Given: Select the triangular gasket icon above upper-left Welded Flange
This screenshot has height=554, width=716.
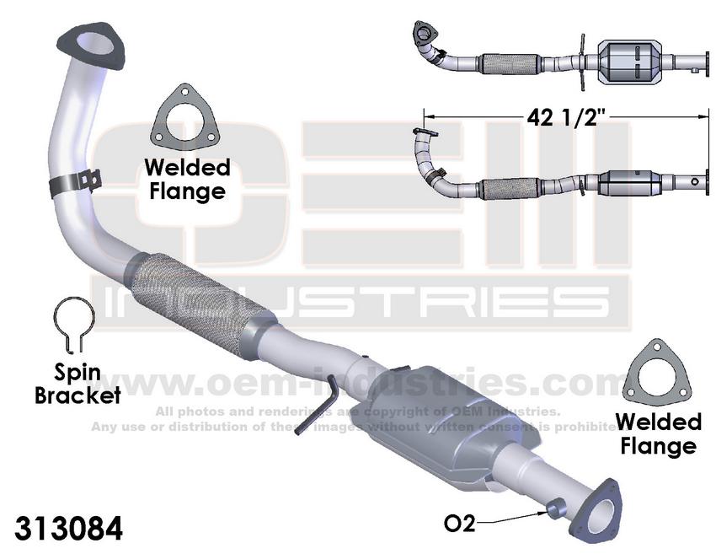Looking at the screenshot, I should point(183,119).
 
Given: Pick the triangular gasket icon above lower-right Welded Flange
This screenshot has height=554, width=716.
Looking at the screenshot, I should point(657,371).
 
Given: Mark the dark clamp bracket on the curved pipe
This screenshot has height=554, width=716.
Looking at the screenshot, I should point(76,182).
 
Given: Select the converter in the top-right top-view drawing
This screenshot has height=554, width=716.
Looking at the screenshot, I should point(631,62).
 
